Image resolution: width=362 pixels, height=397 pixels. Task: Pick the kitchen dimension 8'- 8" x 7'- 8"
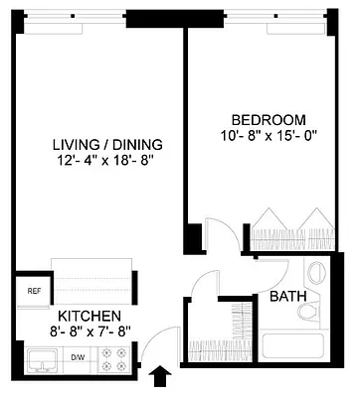pos(89,332)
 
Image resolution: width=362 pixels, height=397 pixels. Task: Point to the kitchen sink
pos(42,360)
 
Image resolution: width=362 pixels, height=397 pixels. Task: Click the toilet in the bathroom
pos(308,311)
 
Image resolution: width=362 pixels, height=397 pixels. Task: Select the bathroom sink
pos(316,274)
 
